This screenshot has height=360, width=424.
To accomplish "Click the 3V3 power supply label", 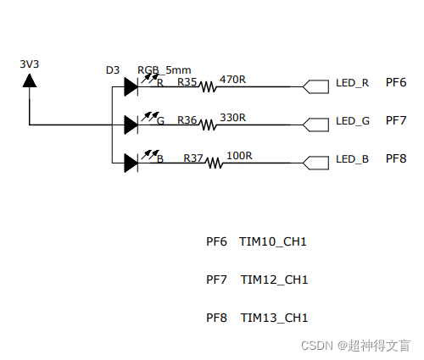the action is pos(30,64).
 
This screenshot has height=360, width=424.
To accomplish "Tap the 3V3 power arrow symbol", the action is pos(30,80).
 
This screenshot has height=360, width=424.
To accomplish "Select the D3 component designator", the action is pos(113,70).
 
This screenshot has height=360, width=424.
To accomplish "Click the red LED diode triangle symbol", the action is pos(131,86).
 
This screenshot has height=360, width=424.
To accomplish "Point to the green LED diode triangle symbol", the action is pos(131,125).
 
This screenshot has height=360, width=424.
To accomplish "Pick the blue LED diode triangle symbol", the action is pos(131,163).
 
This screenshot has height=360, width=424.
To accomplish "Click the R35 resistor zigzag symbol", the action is pos(208,86).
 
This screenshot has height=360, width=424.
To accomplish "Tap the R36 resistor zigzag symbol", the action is pos(208,125).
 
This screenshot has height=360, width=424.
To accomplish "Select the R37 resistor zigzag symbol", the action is pos(215,163).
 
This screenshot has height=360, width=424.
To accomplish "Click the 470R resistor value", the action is pos(232,80).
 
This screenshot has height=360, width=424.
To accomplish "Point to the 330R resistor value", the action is pos(232,118).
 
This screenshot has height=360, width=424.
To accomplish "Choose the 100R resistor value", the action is pos(239,156).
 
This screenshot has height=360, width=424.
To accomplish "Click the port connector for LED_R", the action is pos(315,86).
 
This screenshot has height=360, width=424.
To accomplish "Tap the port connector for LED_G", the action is pos(315,125).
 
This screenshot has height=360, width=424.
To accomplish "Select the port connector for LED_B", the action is pos(315,163).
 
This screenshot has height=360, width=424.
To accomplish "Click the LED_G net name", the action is pos(353,121).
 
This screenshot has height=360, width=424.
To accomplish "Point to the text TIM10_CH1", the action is pos(273,242).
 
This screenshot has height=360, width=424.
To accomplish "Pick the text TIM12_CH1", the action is pos(274,280).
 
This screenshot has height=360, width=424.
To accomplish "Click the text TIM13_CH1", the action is pos(274,318).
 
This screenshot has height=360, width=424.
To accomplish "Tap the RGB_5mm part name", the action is pos(164,70).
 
